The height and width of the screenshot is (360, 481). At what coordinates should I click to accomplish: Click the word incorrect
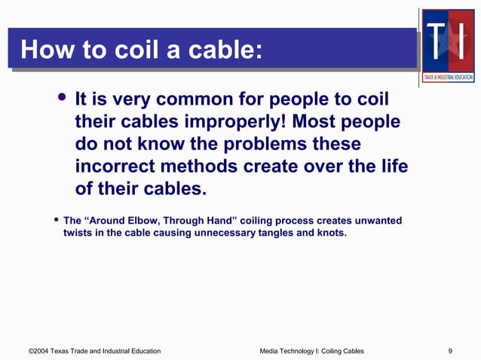[x=117, y=166]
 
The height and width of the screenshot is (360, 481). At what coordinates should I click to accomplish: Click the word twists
[x=81, y=233]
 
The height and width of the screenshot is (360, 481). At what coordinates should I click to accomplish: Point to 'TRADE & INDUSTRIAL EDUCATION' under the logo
[x=448, y=77]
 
